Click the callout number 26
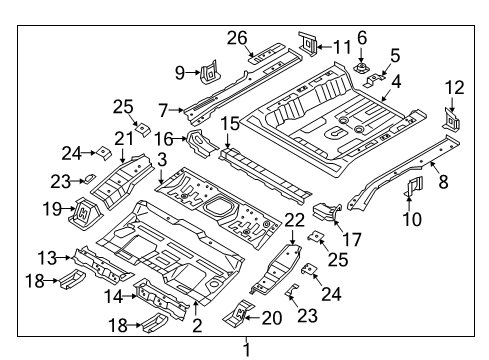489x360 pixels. click(x=237, y=38)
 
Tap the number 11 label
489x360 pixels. click(x=342, y=47)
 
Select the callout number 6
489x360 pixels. click(x=362, y=38)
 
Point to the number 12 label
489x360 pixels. click(x=454, y=88)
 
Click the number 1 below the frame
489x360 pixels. click(x=247, y=350)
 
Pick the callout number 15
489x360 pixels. click(x=230, y=124)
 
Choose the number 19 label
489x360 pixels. click(x=52, y=209)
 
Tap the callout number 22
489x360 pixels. click(x=295, y=220)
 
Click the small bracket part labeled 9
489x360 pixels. click(x=210, y=72)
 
